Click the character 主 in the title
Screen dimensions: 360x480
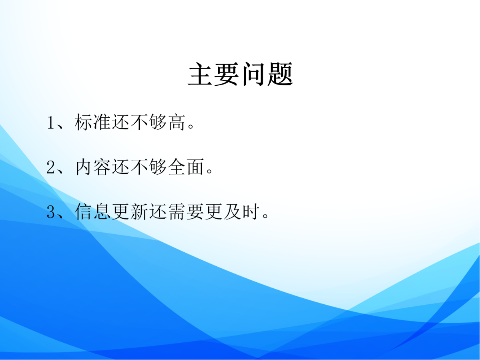click(201, 74)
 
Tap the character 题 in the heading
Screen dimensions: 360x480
click(280, 74)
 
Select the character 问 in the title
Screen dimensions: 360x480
click(254, 74)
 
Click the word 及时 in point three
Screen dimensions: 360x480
click(241, 212)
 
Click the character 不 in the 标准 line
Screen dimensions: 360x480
click(139, 123)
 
